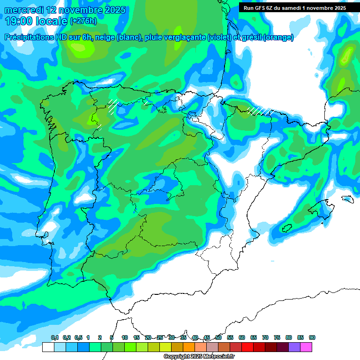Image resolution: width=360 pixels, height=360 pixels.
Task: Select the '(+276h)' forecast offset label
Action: [83, 21]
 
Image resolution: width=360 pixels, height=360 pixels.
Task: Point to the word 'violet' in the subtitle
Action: [219, 37]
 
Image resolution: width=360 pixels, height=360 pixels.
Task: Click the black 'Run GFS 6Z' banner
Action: [294, 8]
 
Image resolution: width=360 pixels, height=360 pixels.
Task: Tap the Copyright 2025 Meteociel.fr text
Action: [199, 357]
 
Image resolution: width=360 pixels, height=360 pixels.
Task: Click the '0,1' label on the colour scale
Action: [55, 338]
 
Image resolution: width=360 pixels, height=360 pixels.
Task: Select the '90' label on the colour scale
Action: [312, 338]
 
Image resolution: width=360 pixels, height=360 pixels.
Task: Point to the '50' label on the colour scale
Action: [218, 338]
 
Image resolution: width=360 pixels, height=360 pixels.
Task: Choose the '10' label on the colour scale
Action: [125, 338]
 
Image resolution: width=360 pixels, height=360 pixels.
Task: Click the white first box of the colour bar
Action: [48, 347]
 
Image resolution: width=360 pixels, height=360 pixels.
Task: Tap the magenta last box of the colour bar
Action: [306, 347]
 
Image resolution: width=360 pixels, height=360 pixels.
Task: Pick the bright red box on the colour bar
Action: [247, 347]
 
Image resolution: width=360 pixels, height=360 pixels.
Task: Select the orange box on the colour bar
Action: [189, 347]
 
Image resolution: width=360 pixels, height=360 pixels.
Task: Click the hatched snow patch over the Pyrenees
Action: [260, 111]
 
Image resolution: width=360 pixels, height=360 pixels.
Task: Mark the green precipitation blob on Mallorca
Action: [286, 228]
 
